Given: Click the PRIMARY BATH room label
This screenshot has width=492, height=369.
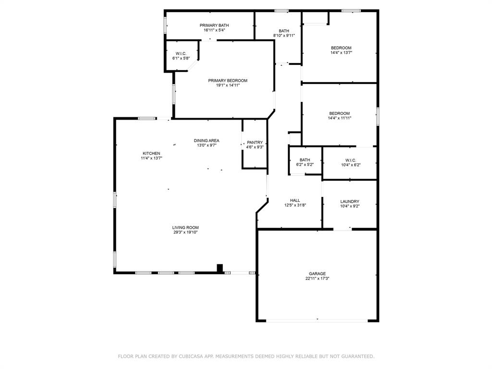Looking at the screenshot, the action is click(214, 25).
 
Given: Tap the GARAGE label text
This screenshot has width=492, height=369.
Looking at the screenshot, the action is click(317, 273).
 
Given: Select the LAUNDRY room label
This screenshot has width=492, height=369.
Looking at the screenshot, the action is click(350, 201).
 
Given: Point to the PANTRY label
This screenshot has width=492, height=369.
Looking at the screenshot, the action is click(255, 142).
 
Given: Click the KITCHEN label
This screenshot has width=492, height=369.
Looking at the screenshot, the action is click(151, 153).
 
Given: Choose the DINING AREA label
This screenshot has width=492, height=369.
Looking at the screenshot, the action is click(207, 141).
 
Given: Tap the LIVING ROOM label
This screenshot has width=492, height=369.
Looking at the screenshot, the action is click(185, 227).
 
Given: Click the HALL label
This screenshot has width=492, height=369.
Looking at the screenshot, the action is click(295, 200).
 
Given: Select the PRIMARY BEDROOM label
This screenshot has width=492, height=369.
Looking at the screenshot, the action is click(228, 81).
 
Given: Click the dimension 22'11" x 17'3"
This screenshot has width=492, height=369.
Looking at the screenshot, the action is click(317, 278).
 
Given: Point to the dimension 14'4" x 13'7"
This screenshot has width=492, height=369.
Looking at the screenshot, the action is click(342, 53).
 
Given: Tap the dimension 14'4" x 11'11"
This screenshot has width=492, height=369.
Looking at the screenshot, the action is click(340, 118).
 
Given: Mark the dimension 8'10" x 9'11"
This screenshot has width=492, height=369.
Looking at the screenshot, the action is click(284, 36).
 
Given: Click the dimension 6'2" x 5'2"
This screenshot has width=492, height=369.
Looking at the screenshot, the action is click(305, 164).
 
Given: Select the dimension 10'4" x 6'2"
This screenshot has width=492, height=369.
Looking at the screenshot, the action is click(351, 165).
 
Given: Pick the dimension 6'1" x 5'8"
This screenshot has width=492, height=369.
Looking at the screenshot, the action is click(181, 58).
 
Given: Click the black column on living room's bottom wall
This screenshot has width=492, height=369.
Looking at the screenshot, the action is click(220, 269).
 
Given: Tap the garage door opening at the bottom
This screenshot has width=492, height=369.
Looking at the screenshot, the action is click(317, 320).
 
